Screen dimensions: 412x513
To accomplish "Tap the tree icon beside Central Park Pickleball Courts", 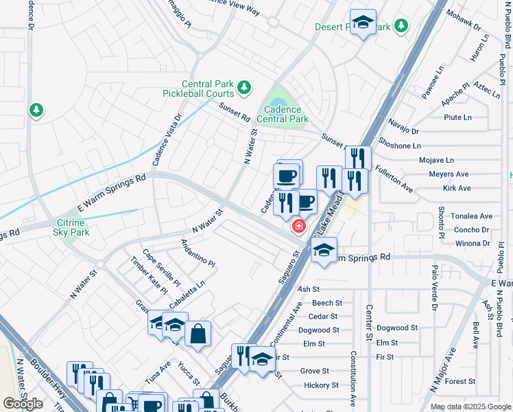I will click(x=243, y=87).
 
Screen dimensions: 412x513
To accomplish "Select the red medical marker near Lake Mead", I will click(x=299, y=226).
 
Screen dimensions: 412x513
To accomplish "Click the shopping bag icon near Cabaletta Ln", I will click(x=198, y=334).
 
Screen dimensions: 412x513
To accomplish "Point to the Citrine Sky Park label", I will click(x=69, y=227).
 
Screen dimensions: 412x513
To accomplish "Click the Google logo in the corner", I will click(x=23, y=404).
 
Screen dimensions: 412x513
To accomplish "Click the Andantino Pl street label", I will click(x=198, y=253).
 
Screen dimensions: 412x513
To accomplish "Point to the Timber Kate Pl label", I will click(x=149, y=275).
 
